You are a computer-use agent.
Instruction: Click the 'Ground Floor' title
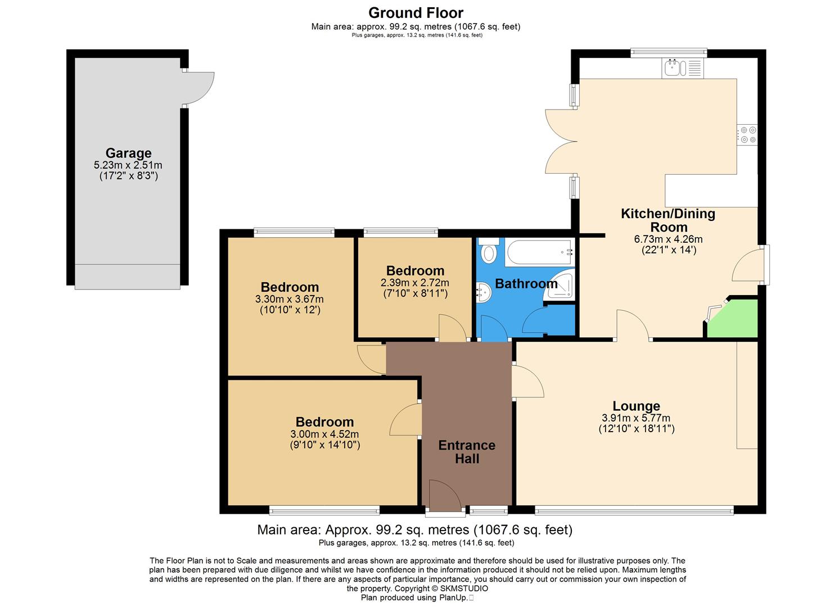pyautogui.click(x=416, y=12)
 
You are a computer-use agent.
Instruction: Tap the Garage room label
pyautogui.click(x=128, y=153)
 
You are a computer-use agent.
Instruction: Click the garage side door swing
pyautogui.click(x=198, y=88)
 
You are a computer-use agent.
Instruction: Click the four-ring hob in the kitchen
pyautogui.click(x=748, y=134)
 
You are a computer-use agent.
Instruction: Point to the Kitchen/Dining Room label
pyautogui.click(x=668, y=220)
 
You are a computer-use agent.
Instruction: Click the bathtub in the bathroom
pyautogui.click(x=539, y=252)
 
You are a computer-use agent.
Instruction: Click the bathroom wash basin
pyautogui.click(x=482, y=292)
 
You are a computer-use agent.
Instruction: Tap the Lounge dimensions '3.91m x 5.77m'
pyautogui.click(x=636, y=418)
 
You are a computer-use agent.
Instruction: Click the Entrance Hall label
pyautogui.click(x=467, y=452)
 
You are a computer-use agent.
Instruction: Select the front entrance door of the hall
pyautogui.click(x=445, y=496)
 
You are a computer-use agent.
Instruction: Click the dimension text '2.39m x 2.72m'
pyautogui.click(x=415, y=283)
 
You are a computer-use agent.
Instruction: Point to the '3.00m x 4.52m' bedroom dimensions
pyautogui.click(x=324, y=434)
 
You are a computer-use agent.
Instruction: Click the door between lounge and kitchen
pyautogui.click(x=633, y=325)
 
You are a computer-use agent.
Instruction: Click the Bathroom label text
pyautogui.click(x=526, y=283)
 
